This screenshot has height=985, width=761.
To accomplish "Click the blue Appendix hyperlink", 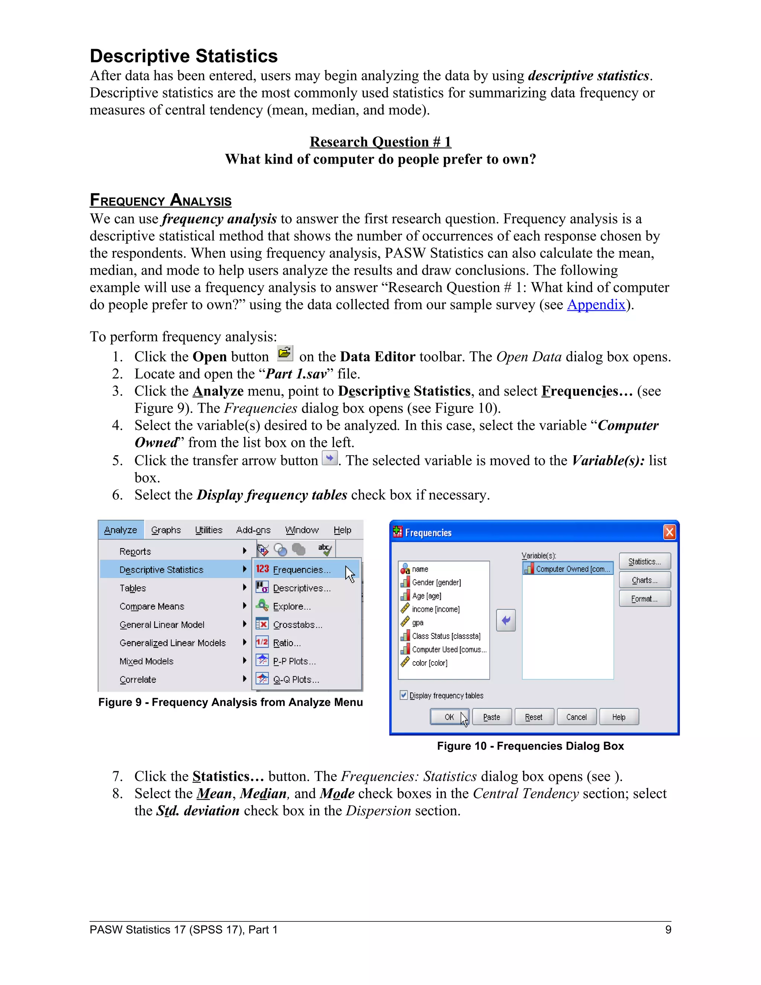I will click(x=596, y=305).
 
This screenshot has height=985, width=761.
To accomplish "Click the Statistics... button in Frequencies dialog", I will click(x=645, y=562).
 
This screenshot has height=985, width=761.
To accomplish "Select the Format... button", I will click(x=645, y=599).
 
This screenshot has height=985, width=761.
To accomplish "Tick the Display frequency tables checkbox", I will click(x=404, y=695).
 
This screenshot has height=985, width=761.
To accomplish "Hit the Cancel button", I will click(x=576, y=717).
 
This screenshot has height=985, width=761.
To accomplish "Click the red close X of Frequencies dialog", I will click(x=670, y=533).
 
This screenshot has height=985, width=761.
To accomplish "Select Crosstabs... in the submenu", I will click(x=298, y=625).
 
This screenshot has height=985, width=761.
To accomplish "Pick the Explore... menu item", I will click(x=292, y=607).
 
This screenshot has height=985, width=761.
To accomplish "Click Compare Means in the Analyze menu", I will click(x=152, y=607).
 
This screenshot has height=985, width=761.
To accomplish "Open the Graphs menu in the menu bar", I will click(x=166, y=530).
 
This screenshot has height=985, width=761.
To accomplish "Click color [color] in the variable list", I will click(x=429, y=663).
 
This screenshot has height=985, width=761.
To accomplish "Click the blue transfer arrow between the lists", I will click(x=506, y=621).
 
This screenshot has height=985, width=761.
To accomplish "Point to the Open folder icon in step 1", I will click(x=285, y=353).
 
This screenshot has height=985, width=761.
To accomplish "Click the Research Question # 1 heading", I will click(x=380, y=142).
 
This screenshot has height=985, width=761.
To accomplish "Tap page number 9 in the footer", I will click(x=668, y=930).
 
